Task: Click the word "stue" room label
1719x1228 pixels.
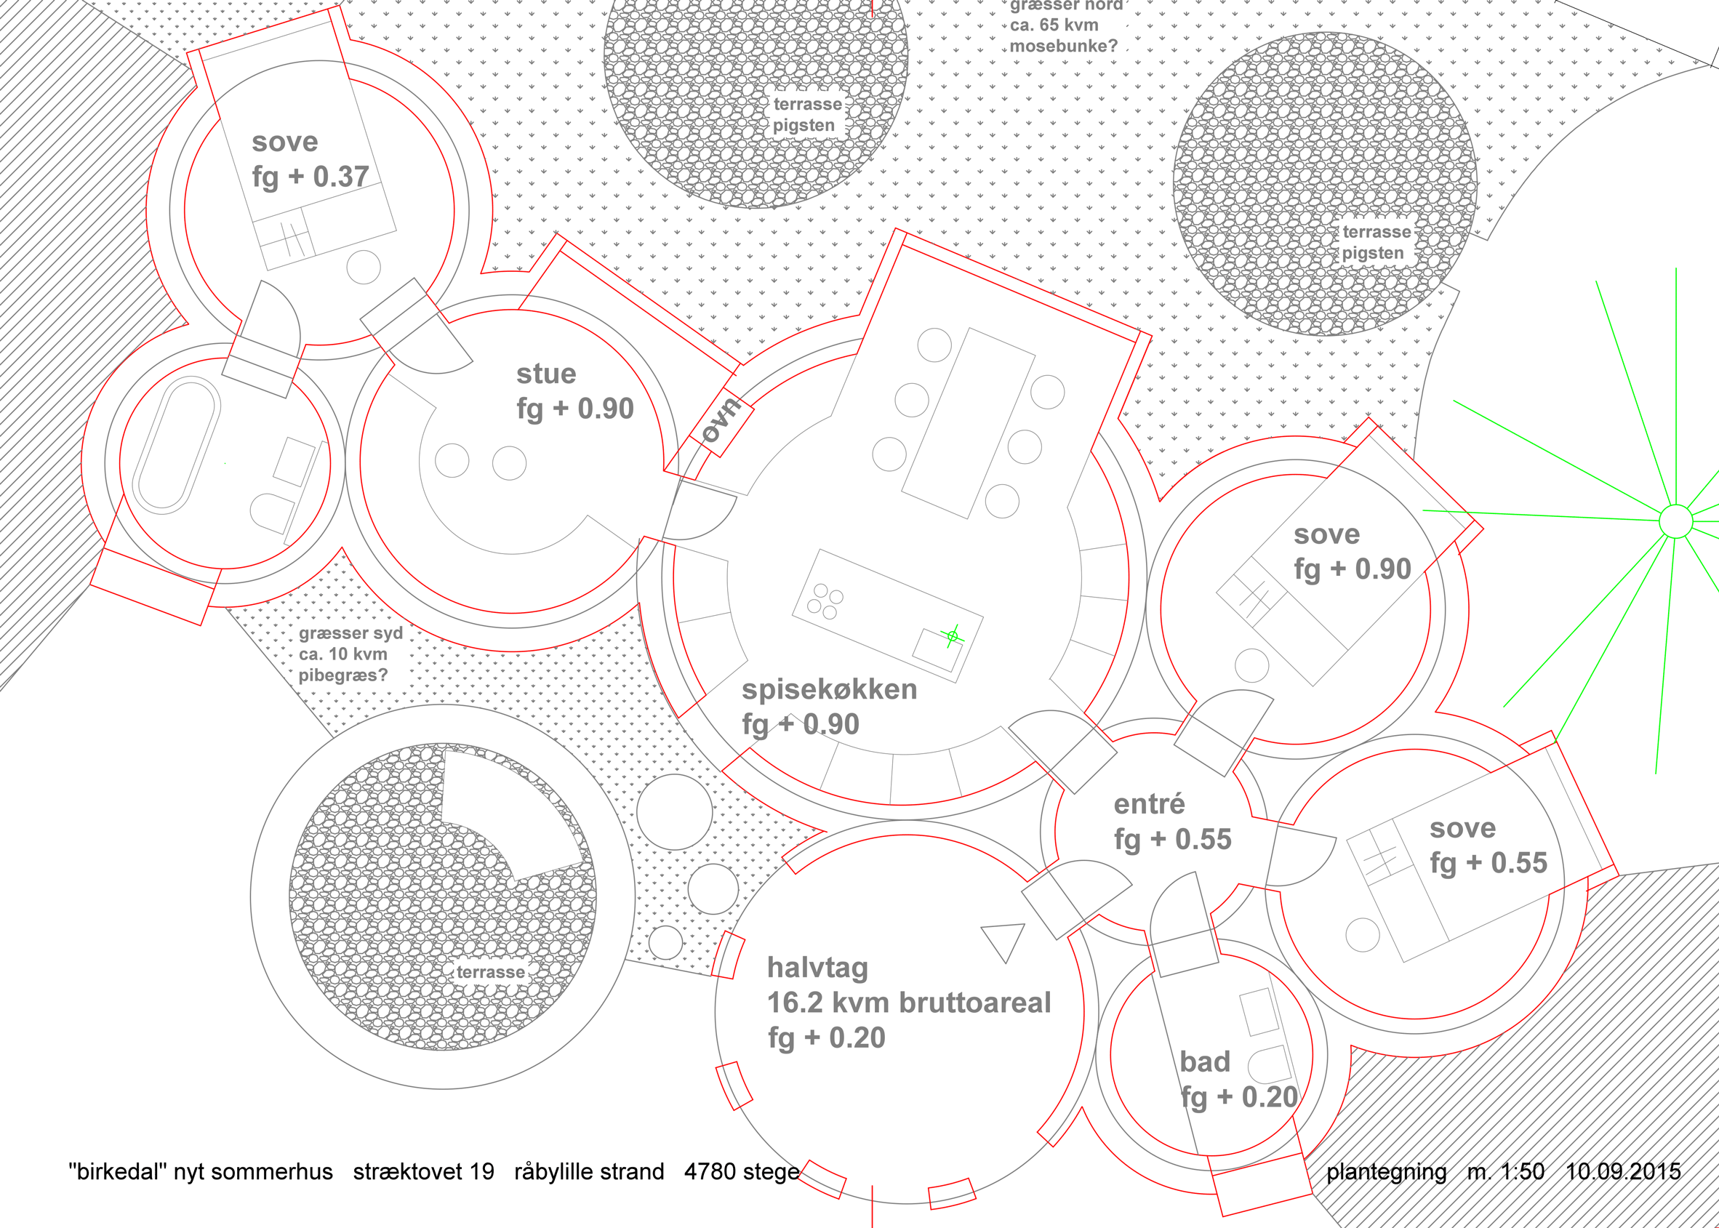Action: coord(546,374)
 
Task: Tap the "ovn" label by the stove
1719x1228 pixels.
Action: coord(721,420)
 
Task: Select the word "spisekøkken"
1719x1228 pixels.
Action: coord(830,690)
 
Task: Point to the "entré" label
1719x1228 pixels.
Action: coord(1149,803)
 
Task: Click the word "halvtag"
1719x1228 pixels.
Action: coord(817,968)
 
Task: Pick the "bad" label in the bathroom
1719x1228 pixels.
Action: coord(1205,1062)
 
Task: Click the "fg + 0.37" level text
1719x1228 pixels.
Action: coord(310,177)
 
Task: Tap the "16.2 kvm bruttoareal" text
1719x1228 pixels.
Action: coord(909,1003)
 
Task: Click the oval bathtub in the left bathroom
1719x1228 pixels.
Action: coord(176,446)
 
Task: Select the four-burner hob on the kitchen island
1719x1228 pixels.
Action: coord(825,602)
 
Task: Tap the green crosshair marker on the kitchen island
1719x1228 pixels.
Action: coord(952,637)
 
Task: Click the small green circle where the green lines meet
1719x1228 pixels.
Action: coord(1676,522)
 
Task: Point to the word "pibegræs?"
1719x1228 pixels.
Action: coord(342,675)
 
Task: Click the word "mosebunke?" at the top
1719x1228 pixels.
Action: coord(1063,46)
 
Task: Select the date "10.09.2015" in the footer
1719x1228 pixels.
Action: coord(1623,1171)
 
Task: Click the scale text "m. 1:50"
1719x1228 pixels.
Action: coord(1506,1171)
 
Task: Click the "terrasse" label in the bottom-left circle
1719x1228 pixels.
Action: coord(491,971)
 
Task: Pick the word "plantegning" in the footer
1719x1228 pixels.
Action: coord(1386,1172)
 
